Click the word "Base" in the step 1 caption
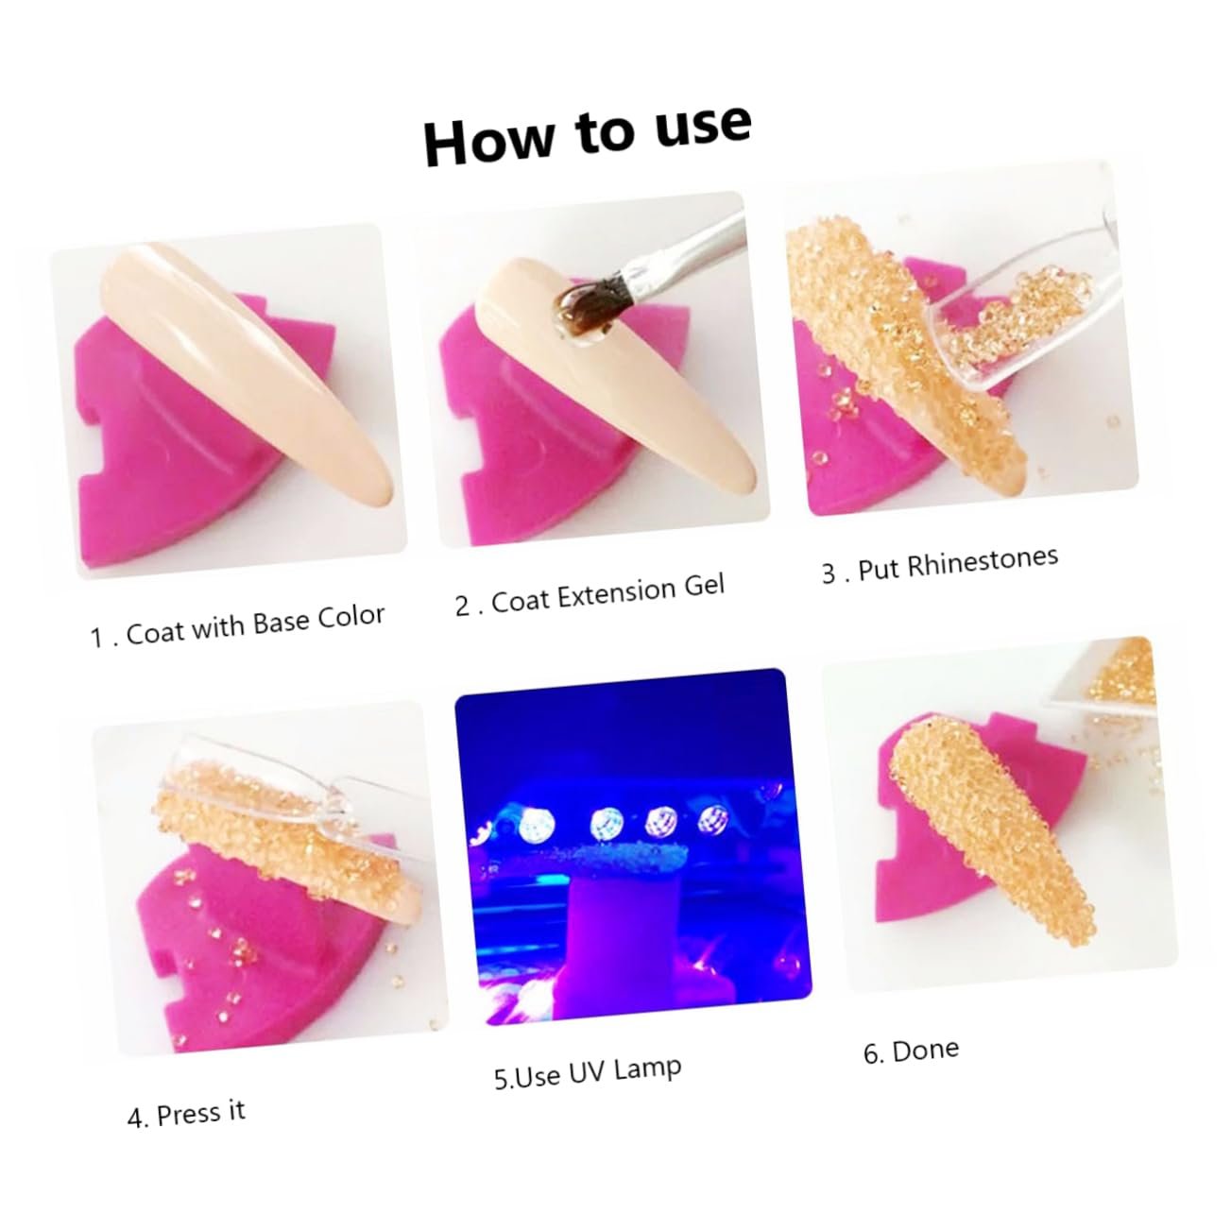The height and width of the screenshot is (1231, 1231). (x=280, y=623)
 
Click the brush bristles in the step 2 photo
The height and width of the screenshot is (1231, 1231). (x=590, y=296)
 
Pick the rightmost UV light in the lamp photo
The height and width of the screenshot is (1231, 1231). (x=711, y=818)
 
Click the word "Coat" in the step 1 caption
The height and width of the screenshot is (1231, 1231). (x=156, y=633)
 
